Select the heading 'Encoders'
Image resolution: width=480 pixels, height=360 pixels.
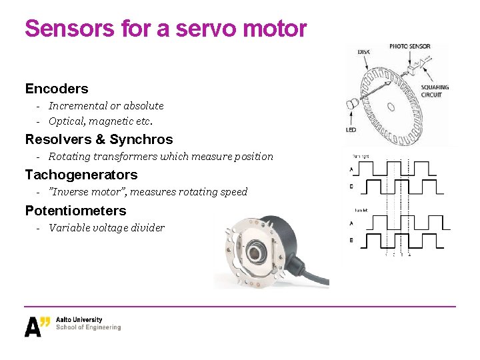click(57, 89)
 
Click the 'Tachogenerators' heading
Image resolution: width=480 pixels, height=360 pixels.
click(81, 175)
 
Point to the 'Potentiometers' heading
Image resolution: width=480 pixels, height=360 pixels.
click(75, 211)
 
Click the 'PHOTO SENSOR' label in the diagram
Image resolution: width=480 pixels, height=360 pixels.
click(410, 47)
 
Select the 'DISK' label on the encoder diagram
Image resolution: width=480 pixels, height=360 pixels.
click(365, 51)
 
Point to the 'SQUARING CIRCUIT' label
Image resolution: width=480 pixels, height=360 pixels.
click(435, 91)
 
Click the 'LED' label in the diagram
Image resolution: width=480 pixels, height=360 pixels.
click(351, 130)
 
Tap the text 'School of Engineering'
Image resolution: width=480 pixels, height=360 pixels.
click(89, 327)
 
